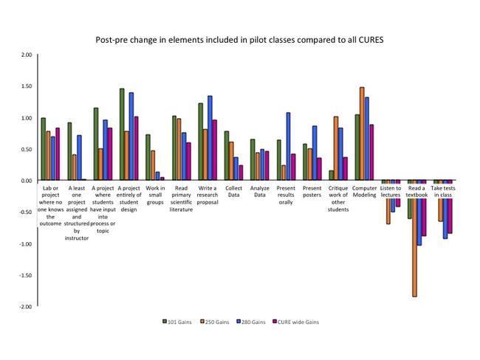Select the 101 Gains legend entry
[176, 322]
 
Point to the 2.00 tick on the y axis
[26, 55]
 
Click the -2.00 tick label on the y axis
[25, 306]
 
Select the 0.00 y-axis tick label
[26, 181]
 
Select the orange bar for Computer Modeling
[362, 134]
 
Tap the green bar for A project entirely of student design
[122, 134]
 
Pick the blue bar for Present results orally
[288, 146]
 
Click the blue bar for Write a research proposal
[210, 138]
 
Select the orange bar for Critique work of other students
[336, 148]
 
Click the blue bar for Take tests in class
[445, 210]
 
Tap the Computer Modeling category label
[364, 192]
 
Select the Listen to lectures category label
[391, 192]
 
